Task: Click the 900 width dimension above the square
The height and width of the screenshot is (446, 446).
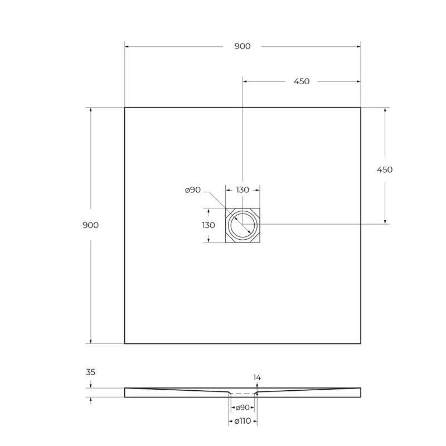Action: click(x=243, y=46)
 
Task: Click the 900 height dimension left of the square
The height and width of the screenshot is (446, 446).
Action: click(x=90, y=225)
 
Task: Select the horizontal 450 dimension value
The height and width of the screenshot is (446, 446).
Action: click(x=302, y=81)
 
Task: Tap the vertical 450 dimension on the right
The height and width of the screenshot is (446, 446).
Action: click(x=385, y=169)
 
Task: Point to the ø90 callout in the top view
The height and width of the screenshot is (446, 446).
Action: click(x=192, y=190)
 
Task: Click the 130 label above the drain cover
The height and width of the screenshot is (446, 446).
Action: click(x=243, y=190)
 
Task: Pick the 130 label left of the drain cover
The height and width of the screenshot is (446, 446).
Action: click(x=208, y=225)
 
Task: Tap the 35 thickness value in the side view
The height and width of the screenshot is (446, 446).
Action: click(x=90, y=372)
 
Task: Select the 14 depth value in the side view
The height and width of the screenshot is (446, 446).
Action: click(x=257, y=377)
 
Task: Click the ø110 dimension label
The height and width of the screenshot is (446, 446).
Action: click(x=243, y=421)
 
